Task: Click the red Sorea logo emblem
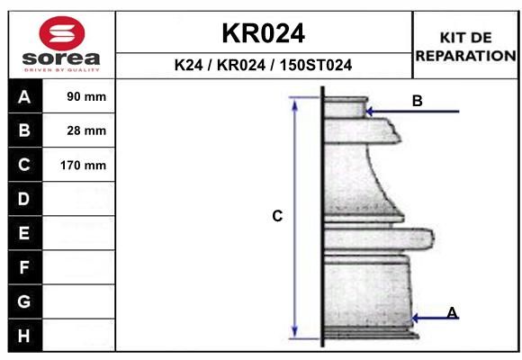(62, 33)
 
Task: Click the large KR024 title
(264, 33)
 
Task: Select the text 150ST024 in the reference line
(316, 65)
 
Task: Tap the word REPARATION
(465, 56)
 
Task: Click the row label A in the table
(24, 97)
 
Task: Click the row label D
(24, 199)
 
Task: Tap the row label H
(24, 336)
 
